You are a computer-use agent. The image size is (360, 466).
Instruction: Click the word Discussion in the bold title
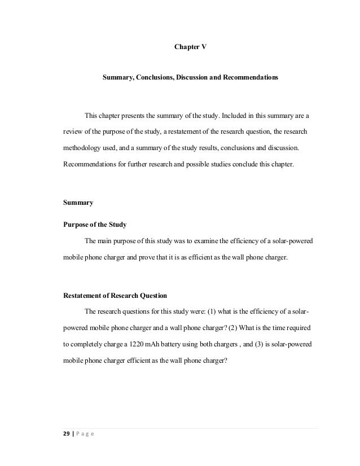click(197, 76)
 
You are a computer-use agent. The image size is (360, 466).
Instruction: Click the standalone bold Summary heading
click(78, 202)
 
